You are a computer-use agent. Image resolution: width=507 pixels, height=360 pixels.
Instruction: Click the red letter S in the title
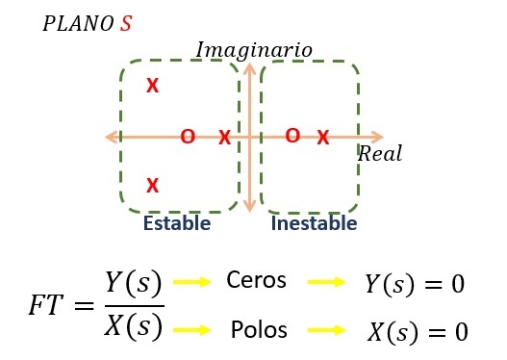(x=126, y=24)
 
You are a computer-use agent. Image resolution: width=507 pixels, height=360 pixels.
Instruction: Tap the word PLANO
(x=78, y=24)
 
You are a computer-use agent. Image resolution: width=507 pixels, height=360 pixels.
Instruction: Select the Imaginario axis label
(x=254, y=51)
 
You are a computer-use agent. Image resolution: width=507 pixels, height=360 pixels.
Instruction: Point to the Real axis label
(x=380, y=153)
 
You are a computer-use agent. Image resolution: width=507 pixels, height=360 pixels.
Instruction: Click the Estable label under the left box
(x=177, y=223)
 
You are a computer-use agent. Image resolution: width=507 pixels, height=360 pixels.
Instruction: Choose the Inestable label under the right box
(x=314, y=223)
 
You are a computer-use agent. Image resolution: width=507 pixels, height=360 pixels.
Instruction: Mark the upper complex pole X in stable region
(x=153, y=86)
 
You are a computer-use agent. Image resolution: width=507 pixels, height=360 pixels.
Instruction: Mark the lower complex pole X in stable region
(x=153, y=186)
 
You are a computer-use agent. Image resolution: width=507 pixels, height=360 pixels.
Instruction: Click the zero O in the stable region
(x=188, y=137)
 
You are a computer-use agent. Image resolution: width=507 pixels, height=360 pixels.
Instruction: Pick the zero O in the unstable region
(x=292, y=136)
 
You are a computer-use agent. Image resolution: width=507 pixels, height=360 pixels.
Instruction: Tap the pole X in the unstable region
(x=323, y=137)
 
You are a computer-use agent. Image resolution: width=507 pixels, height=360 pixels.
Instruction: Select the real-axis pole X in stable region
(x=225, y=137)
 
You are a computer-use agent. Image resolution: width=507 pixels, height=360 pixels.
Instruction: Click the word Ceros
(x=256, y=280)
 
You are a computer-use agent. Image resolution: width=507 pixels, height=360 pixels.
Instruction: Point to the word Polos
(x=259, y=329)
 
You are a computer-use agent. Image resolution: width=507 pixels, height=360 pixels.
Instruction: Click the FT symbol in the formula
(x=45, y=305)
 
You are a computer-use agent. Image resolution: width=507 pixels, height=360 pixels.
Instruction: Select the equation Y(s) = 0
(x=416, y=284)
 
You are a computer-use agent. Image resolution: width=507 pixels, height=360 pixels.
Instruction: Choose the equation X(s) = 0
(x=418, y=332)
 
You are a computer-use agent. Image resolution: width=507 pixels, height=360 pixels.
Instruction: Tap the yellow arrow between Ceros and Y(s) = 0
(x=326, y=282)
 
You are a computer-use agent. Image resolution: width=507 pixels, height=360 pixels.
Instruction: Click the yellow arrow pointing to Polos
(x=192, y=330)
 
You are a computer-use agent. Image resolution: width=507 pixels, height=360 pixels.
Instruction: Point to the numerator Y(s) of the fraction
(x=133, y=283)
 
